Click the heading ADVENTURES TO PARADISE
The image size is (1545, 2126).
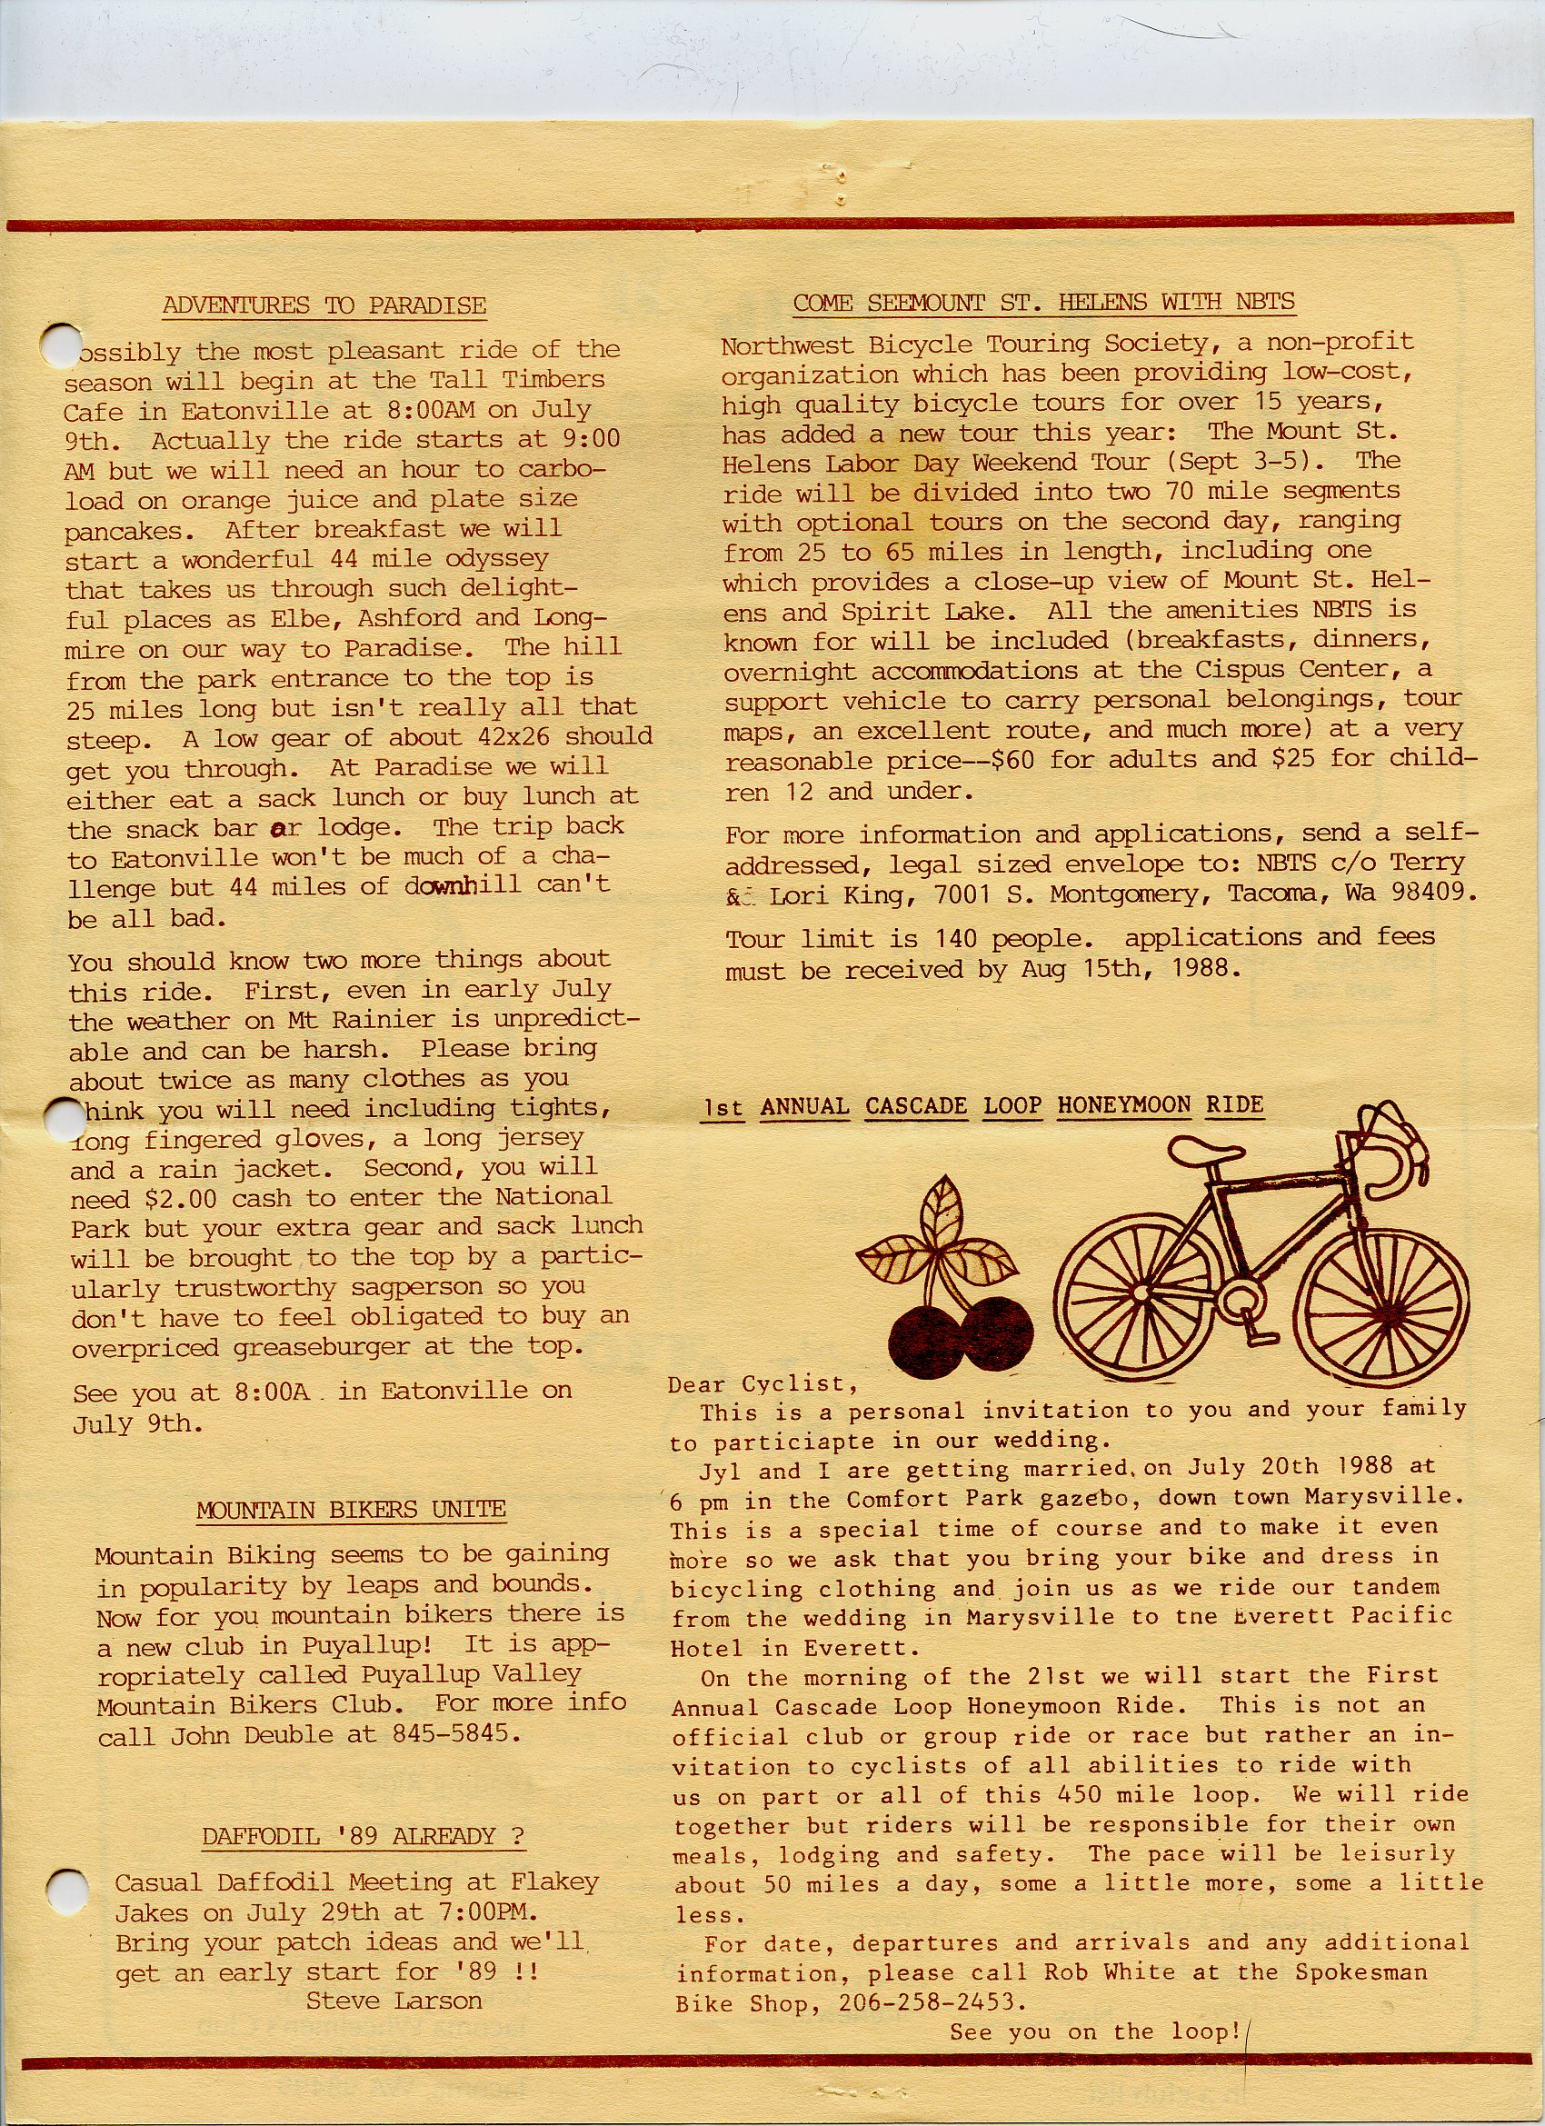(x=324, y=305)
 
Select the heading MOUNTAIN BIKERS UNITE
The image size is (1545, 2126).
(x=351, y=1509)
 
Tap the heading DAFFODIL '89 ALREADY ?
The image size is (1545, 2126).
(x=364, y=1836)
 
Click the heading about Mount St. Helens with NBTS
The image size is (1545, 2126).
(x=1043, y=302)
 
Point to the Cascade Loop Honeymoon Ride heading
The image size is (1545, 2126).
(x=983, y=1106)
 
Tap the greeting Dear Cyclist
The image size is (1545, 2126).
(x=763, y=1383)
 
